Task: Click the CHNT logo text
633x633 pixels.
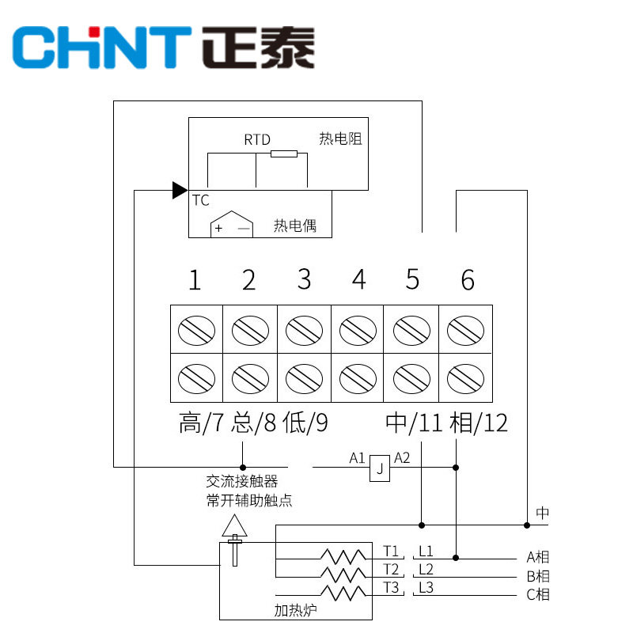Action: pyautogui.click(x=103, y=47)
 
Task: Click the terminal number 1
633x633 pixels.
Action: pyautogui.click(x=195, y=280)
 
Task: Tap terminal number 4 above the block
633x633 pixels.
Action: pyautogui.click(x=359, y=280)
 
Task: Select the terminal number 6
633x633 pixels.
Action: pyautogui.click(x=468, y=280)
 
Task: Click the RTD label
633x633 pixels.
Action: pyautogui.click(x=256, y=140)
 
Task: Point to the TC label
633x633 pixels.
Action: pyautogui.click(x=200, y=200)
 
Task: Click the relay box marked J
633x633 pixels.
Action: pyautogui.click(x=380, y=469)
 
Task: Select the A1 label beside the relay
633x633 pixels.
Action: pyautogui.click(x=358, y=458)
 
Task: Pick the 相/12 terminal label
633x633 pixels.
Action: pyautogui.click(x=478, y=423)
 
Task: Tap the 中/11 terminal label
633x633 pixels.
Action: pyautogui.click(x=414, y=423)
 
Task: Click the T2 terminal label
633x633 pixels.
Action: pyautogui.click(x=391, y=569)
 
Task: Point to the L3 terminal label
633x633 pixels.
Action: pyautogui.click(x=426, y=587)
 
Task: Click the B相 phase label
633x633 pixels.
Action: pyautogui.click(x=538, y=576)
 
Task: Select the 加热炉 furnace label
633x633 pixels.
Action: pyautogui.click(x=293, y=610)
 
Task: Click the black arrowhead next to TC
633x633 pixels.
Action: pyautogui.click(x=179, y=190)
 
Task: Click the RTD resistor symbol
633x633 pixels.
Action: pyautogui.click(x=283, y=154)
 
